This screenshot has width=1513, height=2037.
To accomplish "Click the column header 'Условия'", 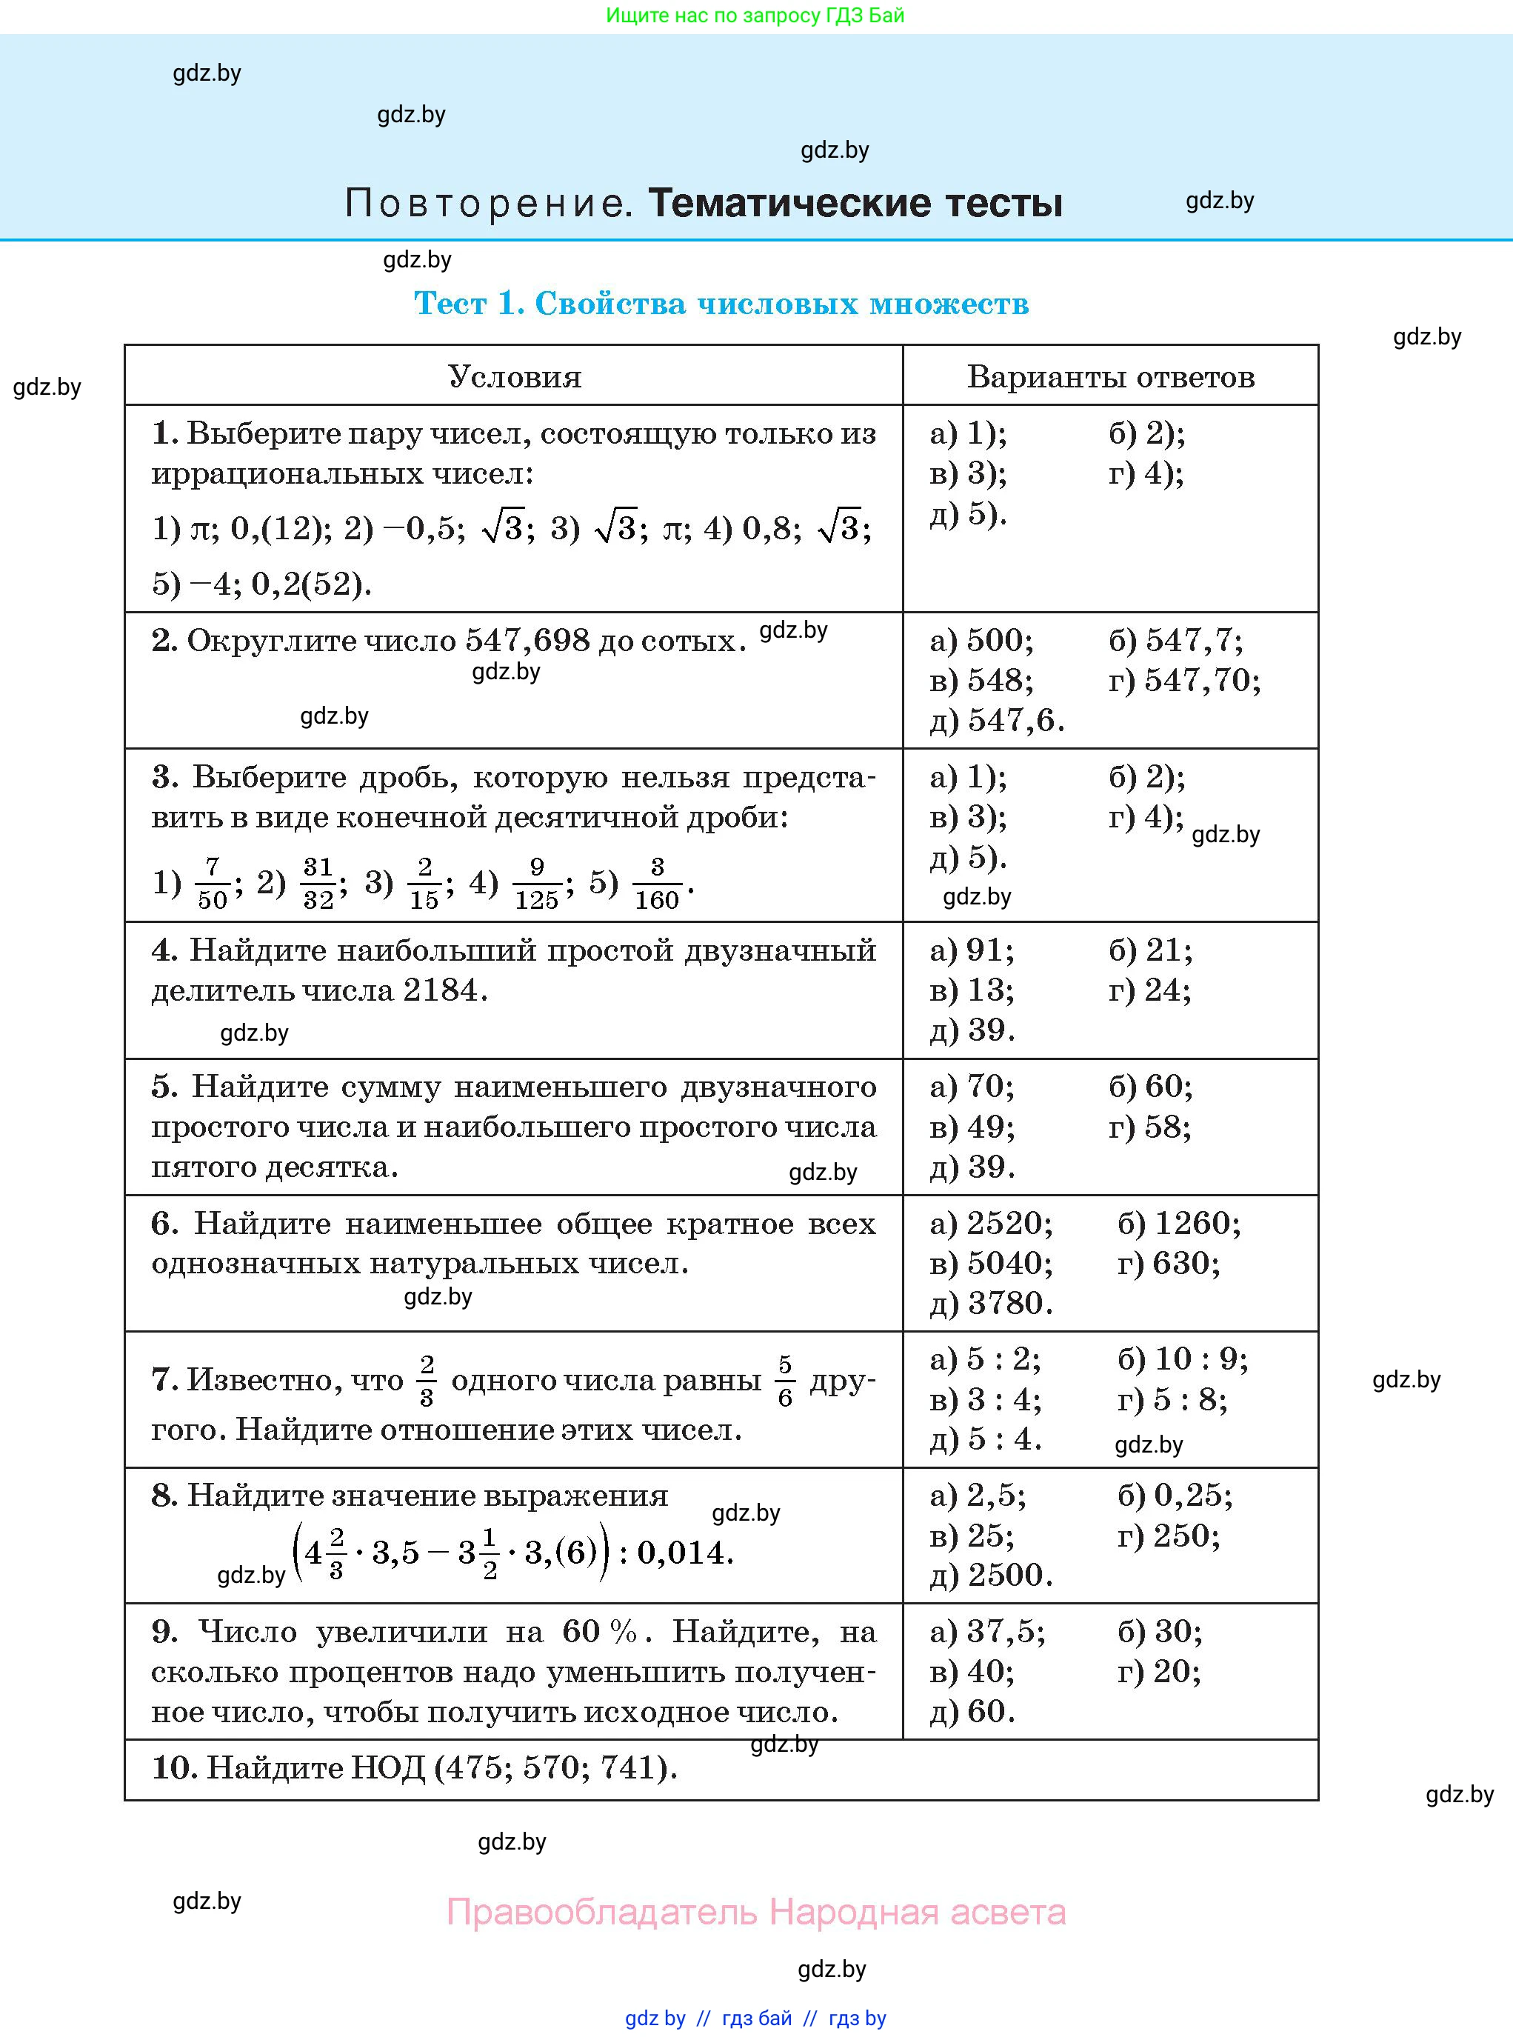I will coord(514,376).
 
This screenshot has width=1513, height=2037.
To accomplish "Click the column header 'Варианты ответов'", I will coord(1110,376).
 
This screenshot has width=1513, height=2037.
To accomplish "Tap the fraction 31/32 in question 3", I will coord(318,883).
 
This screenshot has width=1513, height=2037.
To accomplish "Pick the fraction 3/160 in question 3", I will coord(657,883).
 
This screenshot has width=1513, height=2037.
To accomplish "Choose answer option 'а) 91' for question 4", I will coord(972,950).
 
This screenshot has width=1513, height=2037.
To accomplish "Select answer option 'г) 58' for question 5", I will coord(1149,1127).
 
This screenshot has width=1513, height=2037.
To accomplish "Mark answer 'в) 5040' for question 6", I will coord(991,1263).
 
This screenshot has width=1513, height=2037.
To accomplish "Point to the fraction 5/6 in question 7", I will coord(785,1380).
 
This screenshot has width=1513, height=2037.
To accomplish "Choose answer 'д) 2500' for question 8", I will coord(991,1575).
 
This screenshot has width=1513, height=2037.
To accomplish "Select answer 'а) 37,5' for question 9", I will coord(987,1631).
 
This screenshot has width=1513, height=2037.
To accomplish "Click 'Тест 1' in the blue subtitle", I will coord(468,303).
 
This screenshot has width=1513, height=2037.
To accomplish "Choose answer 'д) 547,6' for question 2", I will coord(998,720).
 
